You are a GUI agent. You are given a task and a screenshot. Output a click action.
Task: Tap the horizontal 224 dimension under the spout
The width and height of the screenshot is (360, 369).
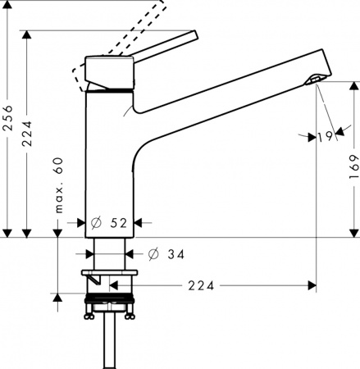pyautogui.click(x=202, y=286)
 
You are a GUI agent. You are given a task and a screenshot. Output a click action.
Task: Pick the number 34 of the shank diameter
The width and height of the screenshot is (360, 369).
pyautogui.click(x=175, y=254)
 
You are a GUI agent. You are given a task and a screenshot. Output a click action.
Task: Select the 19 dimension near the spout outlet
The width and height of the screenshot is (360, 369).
pyautogui.click(x=323, y=138)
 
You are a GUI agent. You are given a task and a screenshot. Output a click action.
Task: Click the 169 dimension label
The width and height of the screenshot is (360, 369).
pyautogui.click(x=350, y=168)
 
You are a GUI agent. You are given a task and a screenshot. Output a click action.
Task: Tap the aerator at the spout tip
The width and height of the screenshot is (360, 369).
pyautogui.click(x=312, y=79)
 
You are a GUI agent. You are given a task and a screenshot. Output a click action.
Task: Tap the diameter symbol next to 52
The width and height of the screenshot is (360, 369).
pyautogui.click(x=96, y=221)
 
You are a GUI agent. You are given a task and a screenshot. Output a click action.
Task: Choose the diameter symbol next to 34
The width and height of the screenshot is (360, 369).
pyautogui.click(x=153, y=254)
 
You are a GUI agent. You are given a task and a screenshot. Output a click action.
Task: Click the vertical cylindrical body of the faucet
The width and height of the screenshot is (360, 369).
pyautogui.click(x=108, y=164)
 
